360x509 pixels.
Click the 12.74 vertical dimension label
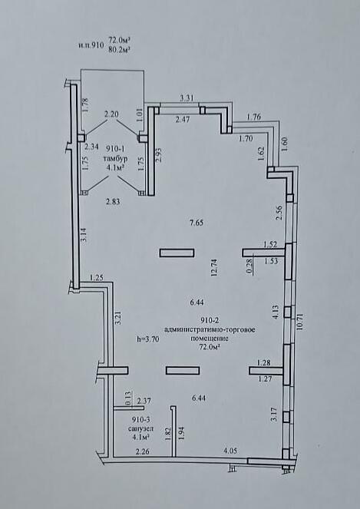click(213, 267)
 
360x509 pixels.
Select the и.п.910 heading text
click(91, 45)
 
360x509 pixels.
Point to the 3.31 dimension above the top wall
click(187, 98)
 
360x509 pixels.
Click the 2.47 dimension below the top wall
click(183, 119)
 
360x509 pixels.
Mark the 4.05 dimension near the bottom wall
click(230, 451)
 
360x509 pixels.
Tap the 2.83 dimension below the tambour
click(113, 202)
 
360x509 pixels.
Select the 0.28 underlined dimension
click(249, 268)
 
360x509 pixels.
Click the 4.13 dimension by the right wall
click(276, 312)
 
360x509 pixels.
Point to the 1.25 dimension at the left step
click(96, 277)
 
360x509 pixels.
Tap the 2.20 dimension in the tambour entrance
click(111, 114)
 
